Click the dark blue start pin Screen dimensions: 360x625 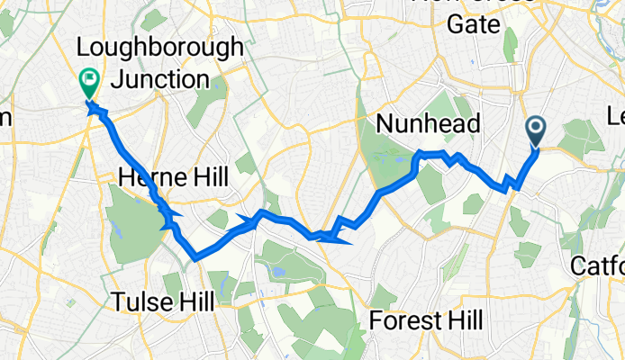pos(536,131)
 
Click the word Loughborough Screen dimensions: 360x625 pos(160,47)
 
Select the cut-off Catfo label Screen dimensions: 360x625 pos(598,266)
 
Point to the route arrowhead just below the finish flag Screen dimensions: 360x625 pos(95,112)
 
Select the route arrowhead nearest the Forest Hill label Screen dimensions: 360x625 pos(341,238)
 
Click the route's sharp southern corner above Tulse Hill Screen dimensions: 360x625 pos(195,257)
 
